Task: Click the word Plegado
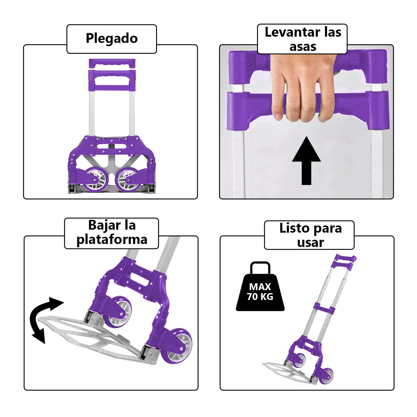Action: coord(112,38)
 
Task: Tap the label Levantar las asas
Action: coord(303,39)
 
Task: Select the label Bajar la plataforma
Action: coord(112,233)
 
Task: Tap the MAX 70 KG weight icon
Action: coord(260,290)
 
